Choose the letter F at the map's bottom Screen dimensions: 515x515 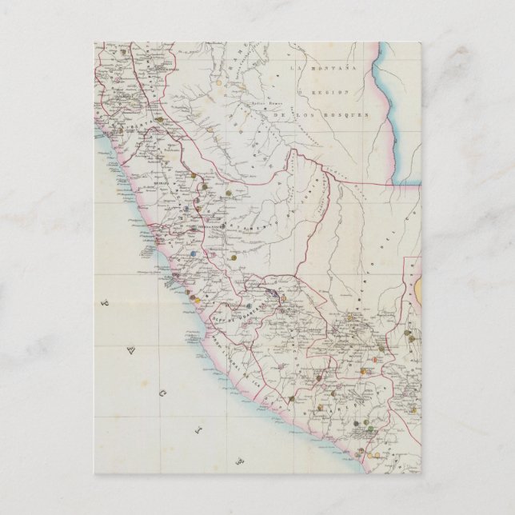click(x=239, y=462)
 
